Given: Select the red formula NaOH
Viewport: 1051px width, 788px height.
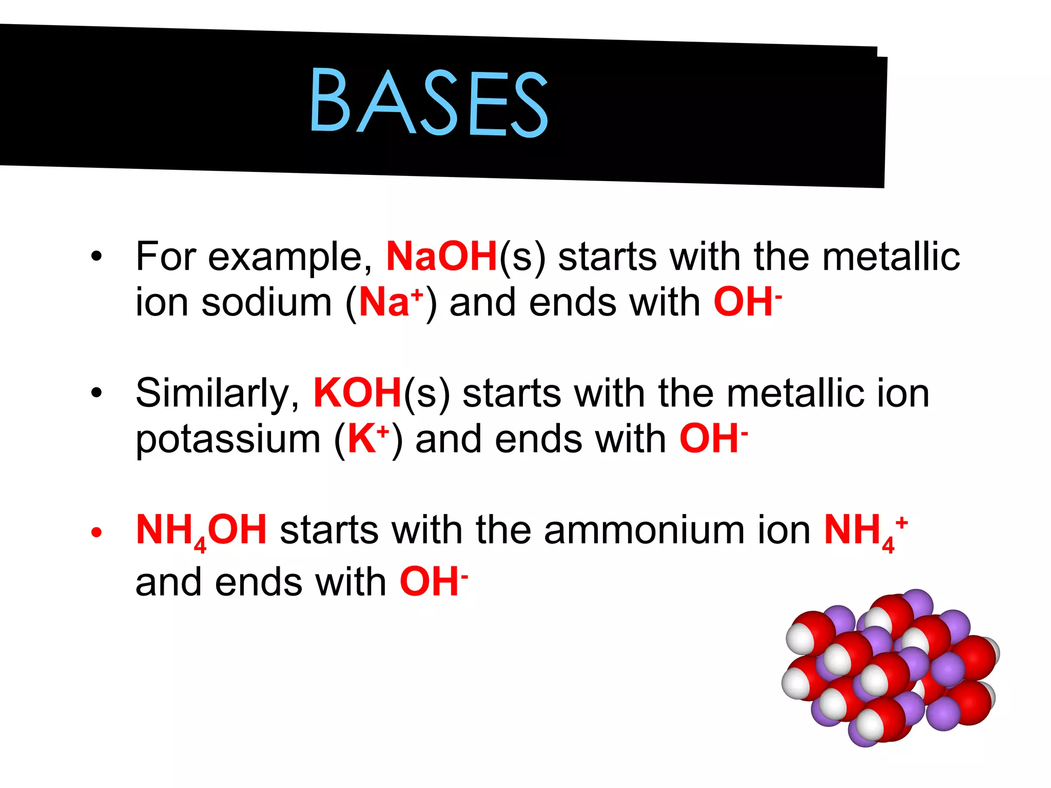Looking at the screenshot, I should click(441, 256).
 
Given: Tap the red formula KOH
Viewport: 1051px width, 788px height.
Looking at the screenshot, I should click(357, 393).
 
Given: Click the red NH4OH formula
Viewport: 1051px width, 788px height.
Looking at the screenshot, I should click(201, 531).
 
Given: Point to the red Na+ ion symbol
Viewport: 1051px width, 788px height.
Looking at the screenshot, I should click(391, 302).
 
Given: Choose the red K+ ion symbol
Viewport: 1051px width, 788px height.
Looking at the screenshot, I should click(368, 439).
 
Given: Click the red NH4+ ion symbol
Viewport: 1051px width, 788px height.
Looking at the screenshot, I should click(865, 531).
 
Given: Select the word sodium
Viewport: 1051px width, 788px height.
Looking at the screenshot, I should click(267, 302).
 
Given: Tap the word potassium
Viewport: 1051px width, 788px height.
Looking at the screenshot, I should click(228, 440).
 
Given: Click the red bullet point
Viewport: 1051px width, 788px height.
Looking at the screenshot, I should click(96, 533).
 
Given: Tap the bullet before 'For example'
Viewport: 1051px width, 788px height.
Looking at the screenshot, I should click(96, 256).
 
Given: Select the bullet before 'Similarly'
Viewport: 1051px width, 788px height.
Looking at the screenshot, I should click(96, 393).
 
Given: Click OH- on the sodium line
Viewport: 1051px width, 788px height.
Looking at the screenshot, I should click(747, 302).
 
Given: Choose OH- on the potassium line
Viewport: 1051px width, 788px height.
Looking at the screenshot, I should click(713, 439).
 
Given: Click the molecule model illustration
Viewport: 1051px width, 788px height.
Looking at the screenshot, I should click(890, 667).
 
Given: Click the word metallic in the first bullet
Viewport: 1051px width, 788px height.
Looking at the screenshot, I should click(891, 256).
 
